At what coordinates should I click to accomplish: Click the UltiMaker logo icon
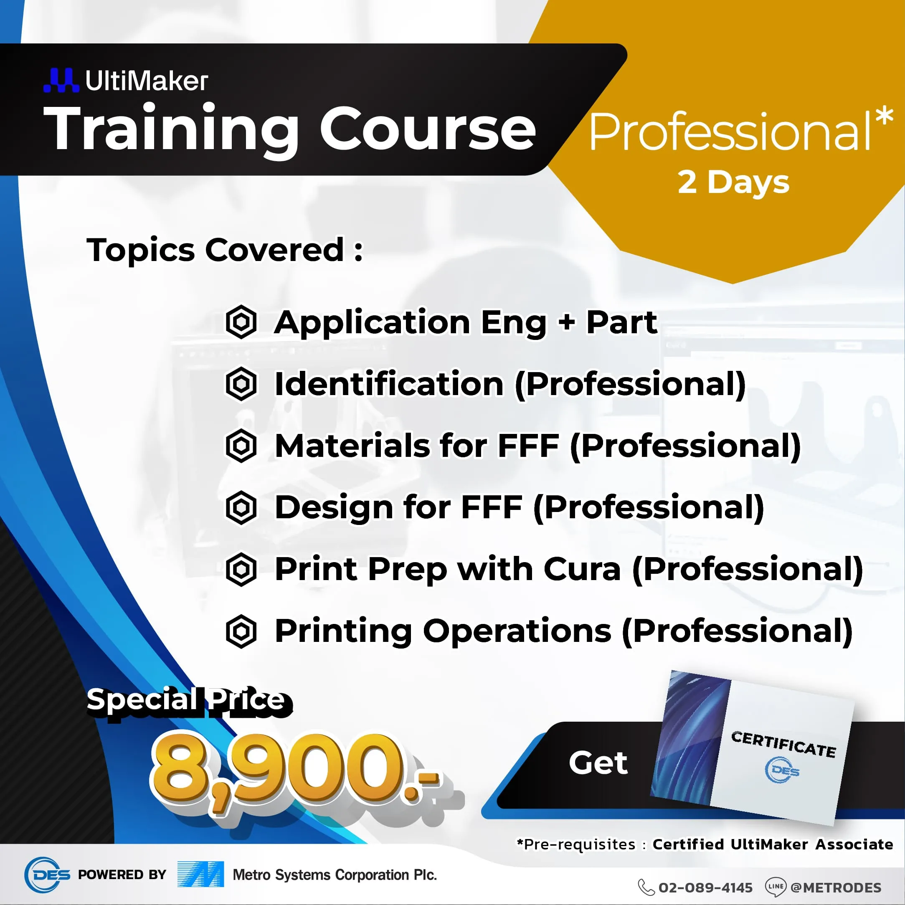tap(61, 80)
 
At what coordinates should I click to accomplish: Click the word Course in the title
tap(428, 128)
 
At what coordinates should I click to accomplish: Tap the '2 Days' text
tap(733, 183)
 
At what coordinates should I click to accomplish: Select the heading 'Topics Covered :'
tap(225, 250)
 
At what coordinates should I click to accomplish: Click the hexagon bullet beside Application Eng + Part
tap(241, 322)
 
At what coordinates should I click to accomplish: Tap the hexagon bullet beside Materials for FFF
tap(241, 446)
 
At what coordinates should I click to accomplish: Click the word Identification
tap(389, 384)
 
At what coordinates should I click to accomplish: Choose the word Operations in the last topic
tap(517, 631)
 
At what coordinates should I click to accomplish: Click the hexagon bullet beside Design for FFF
tap(241, 507)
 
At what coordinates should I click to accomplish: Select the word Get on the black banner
tap(598, 763)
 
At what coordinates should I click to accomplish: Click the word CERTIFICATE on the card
tap(783, 744)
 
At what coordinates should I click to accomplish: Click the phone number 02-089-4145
tap(705, 887)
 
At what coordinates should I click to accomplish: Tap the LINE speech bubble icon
tap(775, 887)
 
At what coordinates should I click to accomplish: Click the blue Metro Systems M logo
tap(200, 874)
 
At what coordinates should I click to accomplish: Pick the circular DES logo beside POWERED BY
tap(47, 875)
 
